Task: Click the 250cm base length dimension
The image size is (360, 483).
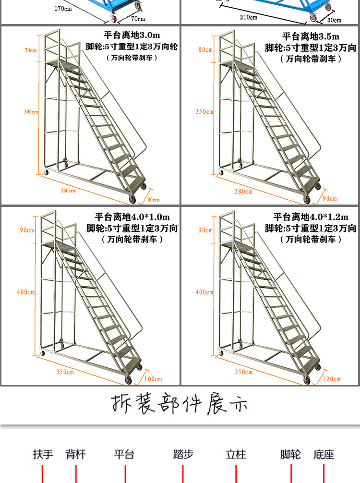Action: [68, 191]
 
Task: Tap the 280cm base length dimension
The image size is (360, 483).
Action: [243, 192]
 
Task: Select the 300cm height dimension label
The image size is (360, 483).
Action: [31, 112]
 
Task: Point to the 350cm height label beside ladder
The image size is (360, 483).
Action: [204, 112]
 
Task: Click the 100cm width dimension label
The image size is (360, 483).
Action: [154, 379]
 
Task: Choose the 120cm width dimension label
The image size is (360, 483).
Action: [332, 379]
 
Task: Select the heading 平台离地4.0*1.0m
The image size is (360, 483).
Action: [132, 217]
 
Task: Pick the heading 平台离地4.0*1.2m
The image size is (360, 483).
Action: [311, 217]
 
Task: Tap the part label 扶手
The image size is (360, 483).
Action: [43, 454]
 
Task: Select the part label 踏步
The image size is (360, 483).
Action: [183, 454]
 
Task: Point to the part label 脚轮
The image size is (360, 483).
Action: [291, 454]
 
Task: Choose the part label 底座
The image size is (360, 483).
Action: [324, 454]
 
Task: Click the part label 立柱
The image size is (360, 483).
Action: [236, 454]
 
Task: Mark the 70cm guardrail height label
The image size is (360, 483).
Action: [31, 50]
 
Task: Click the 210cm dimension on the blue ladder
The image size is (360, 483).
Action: [249, 17]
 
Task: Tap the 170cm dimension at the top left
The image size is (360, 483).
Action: [63, 9]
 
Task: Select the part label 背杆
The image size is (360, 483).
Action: [76, 454]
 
